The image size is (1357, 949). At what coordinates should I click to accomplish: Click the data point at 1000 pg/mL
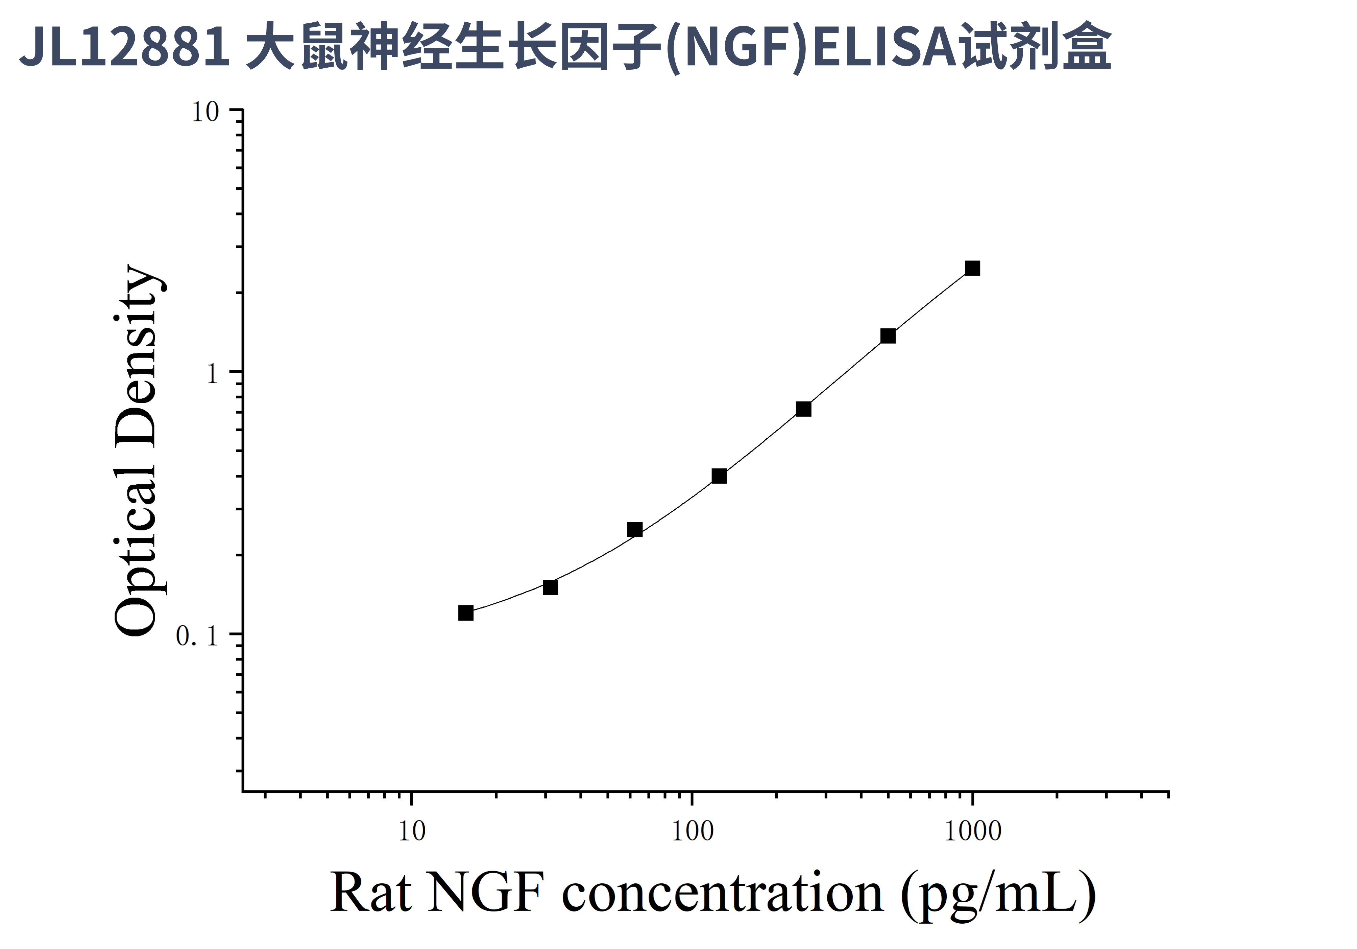[972, 269]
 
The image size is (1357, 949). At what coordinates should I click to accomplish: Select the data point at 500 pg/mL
[888, 336]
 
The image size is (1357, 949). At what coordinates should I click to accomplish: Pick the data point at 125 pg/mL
[719, 476]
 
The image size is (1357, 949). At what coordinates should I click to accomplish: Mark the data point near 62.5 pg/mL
[635, 529]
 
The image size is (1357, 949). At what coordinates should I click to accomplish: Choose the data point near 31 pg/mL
[550, 587]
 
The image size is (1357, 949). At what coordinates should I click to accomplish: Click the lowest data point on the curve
[466, 613]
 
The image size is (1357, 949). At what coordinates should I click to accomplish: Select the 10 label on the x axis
[411, 831]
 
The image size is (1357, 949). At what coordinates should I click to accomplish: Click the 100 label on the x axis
[692, 831]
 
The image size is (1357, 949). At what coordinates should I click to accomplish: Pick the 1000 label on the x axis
[973, 831]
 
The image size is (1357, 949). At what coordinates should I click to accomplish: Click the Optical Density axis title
[136, 449]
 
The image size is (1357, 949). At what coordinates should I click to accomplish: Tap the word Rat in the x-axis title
[370, 893]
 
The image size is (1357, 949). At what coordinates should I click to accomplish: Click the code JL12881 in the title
[124, 47]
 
